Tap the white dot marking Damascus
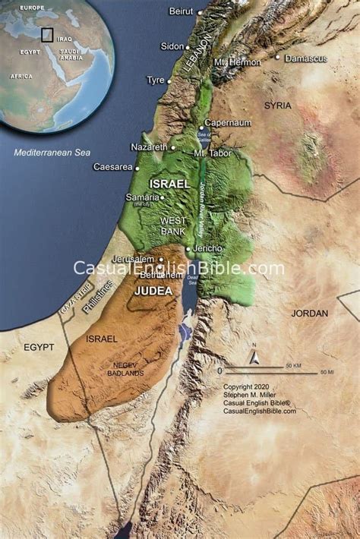pyautogui.click(x=278, y=58)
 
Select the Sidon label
pyautogui.click(x=172, y=46)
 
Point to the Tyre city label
pyautogui.click(x=155, y=80)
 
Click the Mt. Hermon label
pyautogui.click(x=238, y=61)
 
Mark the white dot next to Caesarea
pyautogui.click(x=137, y=167)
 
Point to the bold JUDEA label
pyautogui.click(x=153, y=290)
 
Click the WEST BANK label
pyautogui.click(x=173, y=225)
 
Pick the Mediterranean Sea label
pyautogui.click(x=52, y=153)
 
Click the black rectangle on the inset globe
pyautogui.click(x=47, y=34)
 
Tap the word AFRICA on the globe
pyautogui.click(x=21, y=77)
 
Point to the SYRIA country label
pyautogui.click(x=277, y=106)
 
